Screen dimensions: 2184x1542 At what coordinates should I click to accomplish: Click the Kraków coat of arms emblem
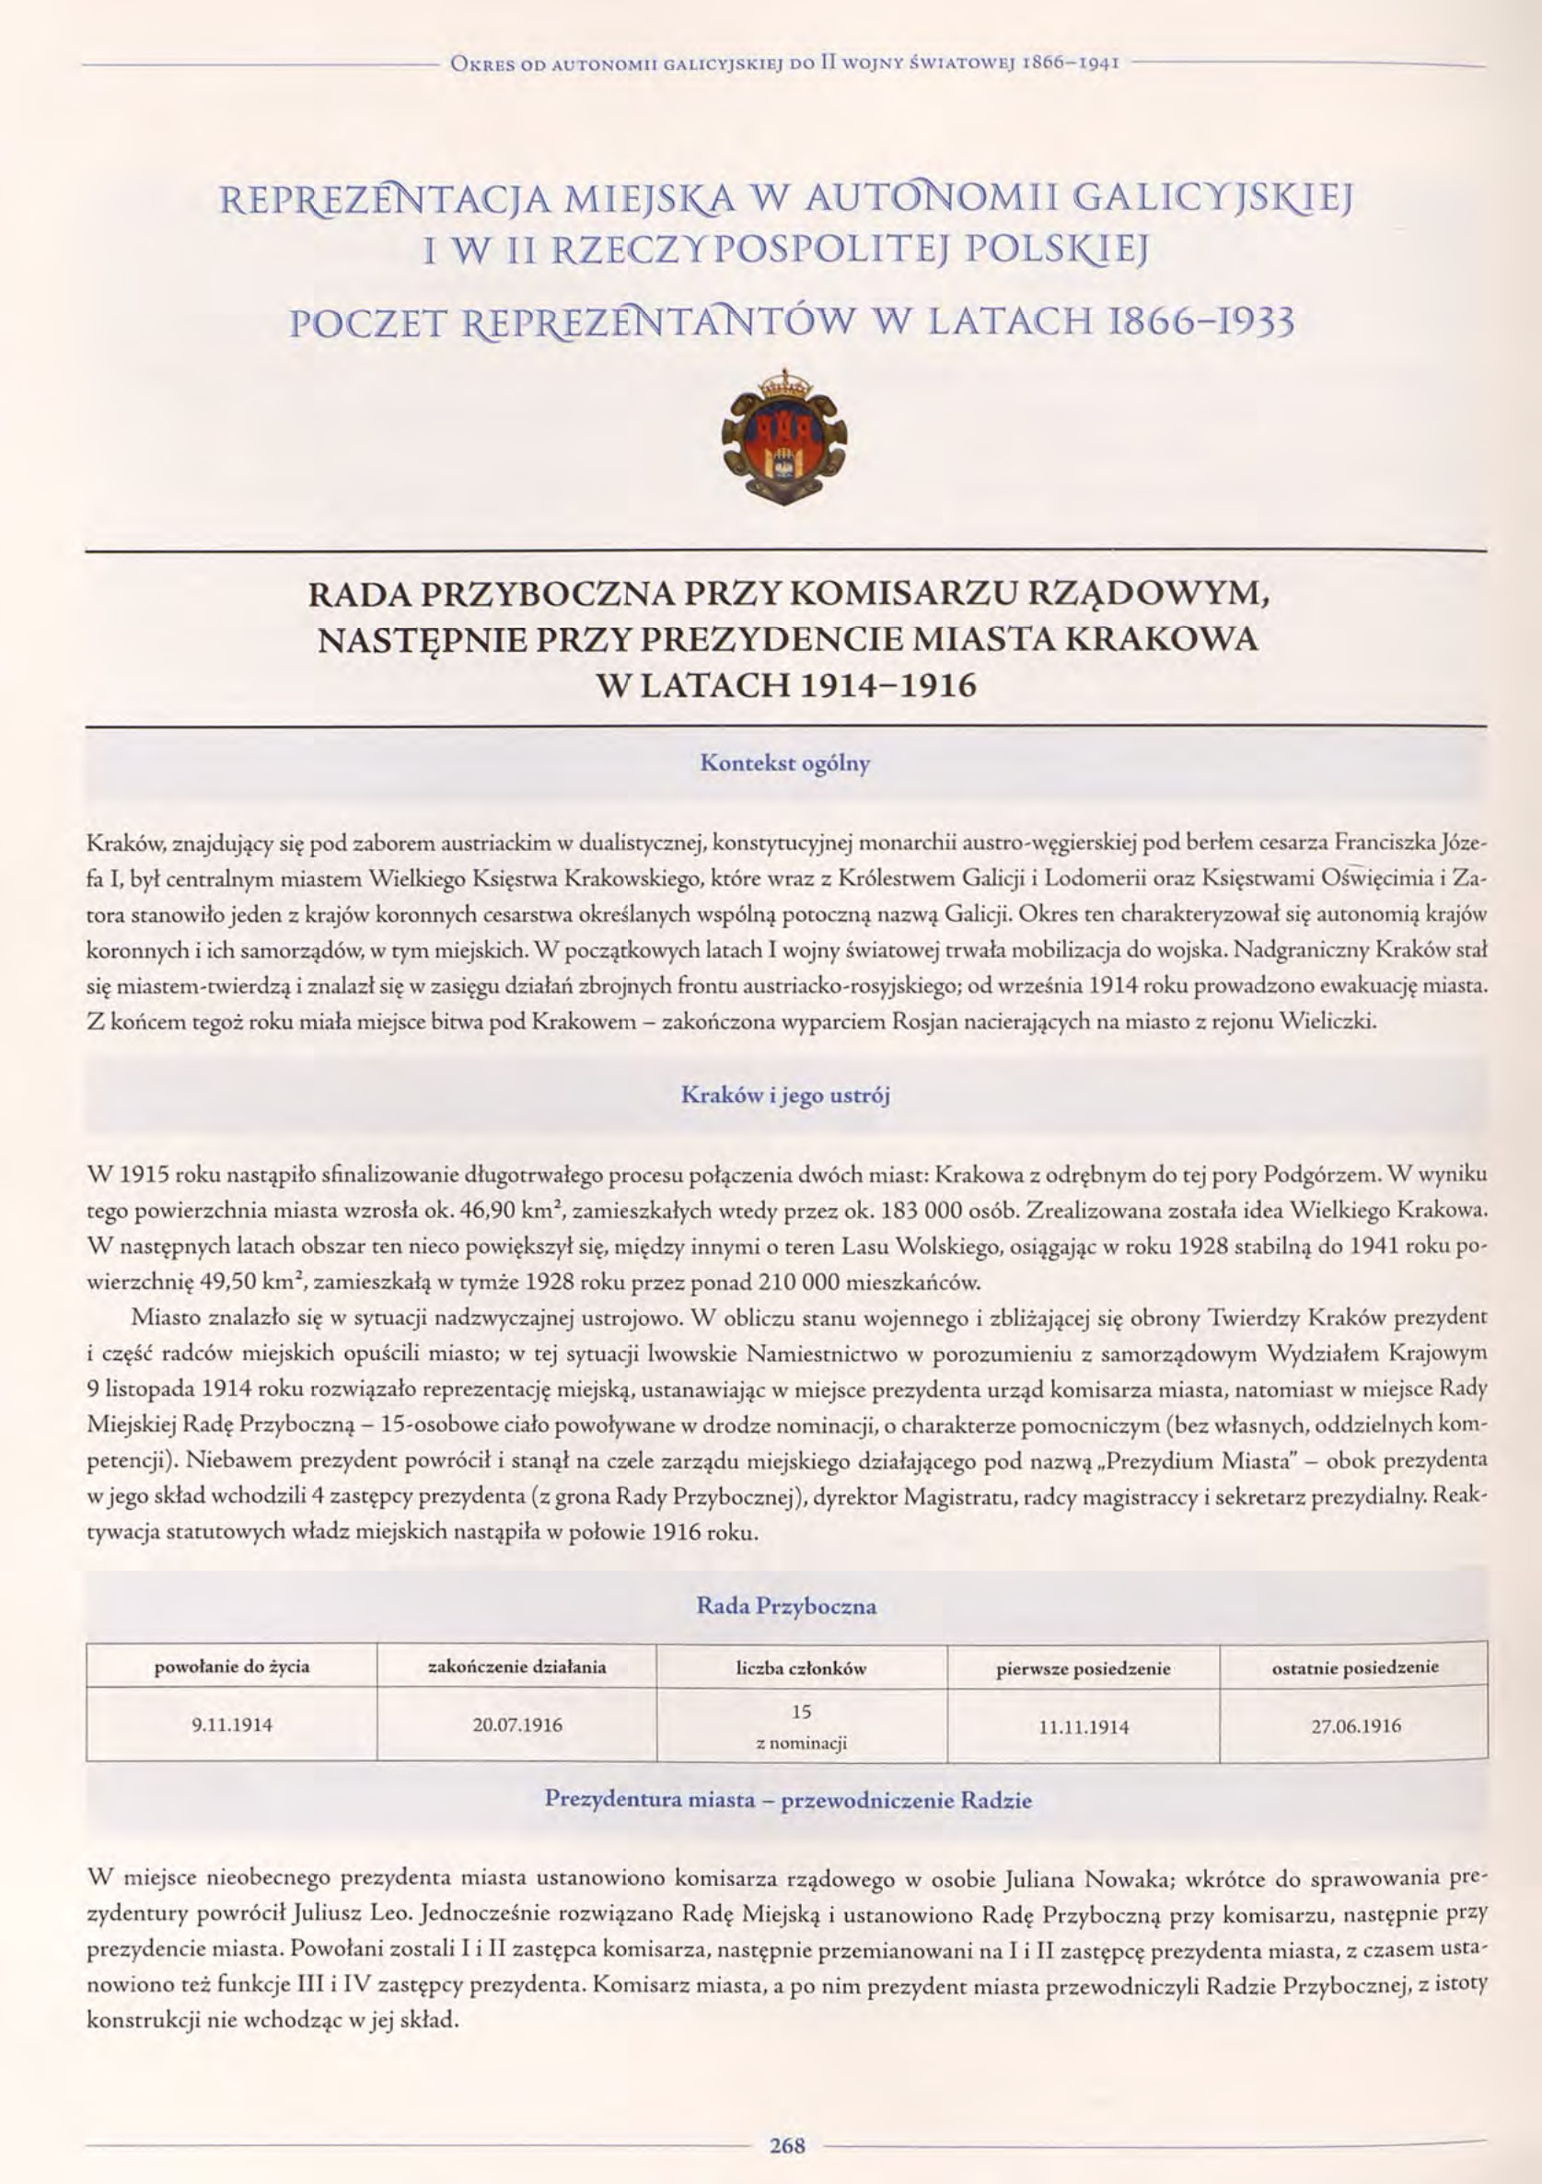(784, 438)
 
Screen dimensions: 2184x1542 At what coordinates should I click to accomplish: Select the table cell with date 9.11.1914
(232, 1725)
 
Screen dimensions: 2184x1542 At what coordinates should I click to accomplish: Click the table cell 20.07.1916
(517, 1725)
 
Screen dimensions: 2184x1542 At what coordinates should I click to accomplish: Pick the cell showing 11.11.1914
(1084, 1726)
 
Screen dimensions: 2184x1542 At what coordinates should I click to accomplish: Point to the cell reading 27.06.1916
(1355, 1725)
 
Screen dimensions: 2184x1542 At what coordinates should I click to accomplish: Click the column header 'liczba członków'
(801, 1668)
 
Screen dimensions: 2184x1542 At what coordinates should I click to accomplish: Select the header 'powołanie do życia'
(232, 1667)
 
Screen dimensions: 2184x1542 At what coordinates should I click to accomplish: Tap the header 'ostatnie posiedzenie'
(1355, 1667)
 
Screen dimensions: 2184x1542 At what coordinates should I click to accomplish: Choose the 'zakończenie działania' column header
(517, 1667)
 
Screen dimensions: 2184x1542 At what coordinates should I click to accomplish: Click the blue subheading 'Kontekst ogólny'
(784, 763)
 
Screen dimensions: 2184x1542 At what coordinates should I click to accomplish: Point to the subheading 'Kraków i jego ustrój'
(784, 1095)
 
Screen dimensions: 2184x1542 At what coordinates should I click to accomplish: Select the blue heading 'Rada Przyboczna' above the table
(786, 1607)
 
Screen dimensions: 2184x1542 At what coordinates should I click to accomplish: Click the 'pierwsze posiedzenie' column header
(1084, 1668)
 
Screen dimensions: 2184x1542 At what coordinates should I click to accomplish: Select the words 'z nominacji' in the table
(801, 1744)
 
